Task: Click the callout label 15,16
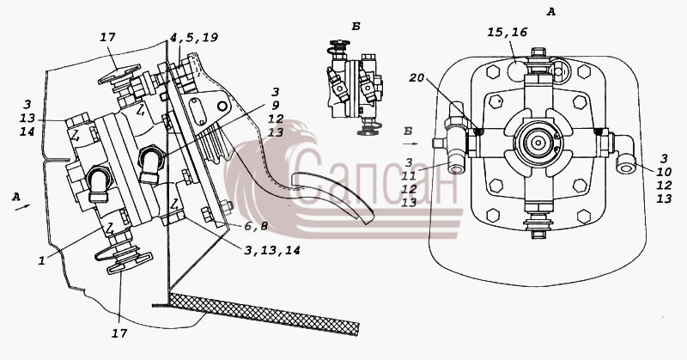(508, 32)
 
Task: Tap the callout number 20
(416, 77)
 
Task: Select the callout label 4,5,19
(194, 38)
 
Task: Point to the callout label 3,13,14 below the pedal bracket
(272, 250)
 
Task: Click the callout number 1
(41, 261)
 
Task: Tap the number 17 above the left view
(107, 37)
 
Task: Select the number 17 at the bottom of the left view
(119, 333)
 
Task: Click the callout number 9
(275, 106)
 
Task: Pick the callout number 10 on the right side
(664, 172)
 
